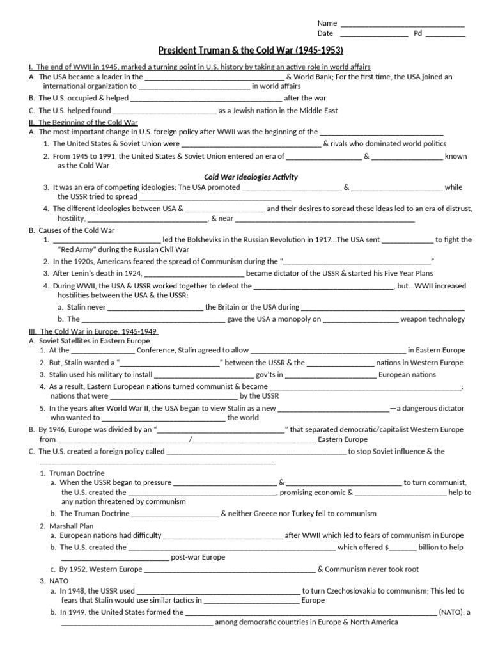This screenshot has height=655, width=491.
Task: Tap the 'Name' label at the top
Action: [327, 23]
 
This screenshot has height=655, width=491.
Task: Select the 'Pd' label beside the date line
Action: [417, 33]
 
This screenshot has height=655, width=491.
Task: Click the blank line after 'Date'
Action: [374, 34]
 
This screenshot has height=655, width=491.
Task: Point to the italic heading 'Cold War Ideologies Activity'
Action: [251, 177]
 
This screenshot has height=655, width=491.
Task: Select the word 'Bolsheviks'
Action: [202, 239]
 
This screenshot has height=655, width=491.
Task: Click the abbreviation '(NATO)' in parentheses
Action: [451, 612]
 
